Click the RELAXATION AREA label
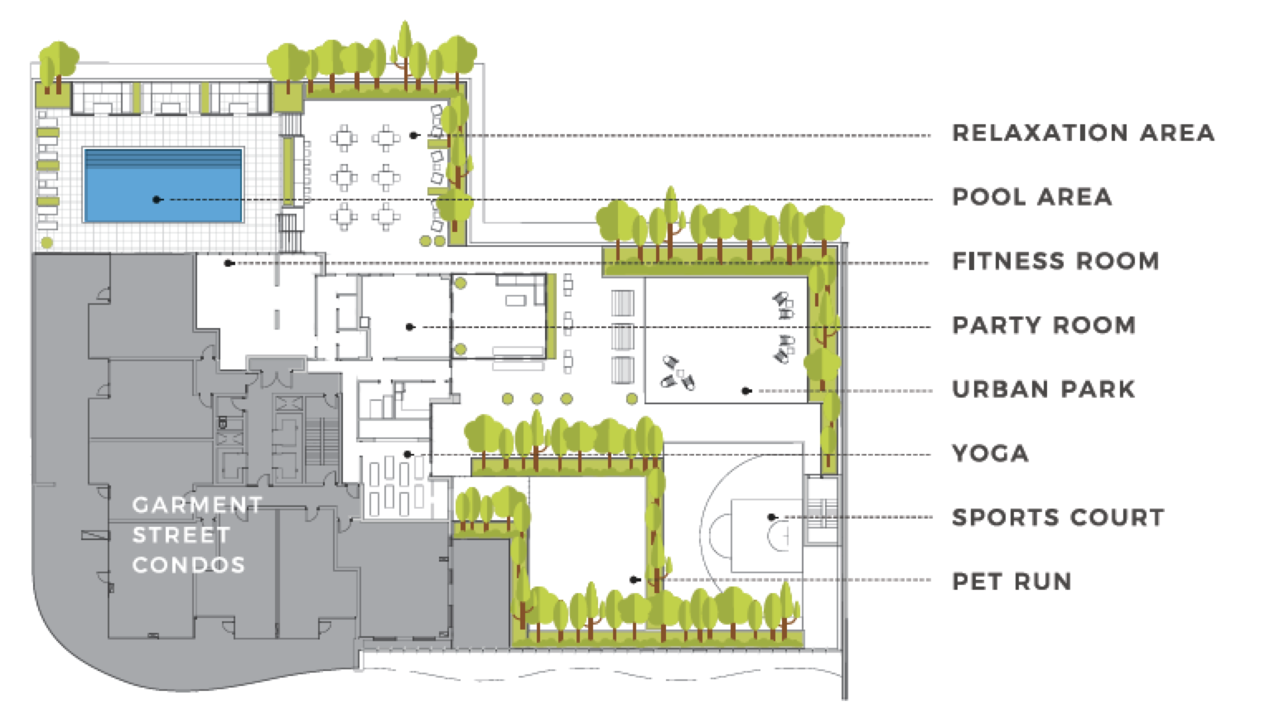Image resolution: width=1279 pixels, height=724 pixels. coord(1083,133)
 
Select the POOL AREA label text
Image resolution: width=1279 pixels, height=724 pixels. coord(1031,197)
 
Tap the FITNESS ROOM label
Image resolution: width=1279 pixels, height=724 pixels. coord(1055,261)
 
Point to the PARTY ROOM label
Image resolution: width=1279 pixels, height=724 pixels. coord(1043,325)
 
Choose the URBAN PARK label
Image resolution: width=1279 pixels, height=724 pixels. coord(1043,389)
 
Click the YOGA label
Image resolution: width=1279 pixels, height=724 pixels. coord(990,453)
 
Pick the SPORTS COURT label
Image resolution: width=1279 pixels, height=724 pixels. coord(1058,518)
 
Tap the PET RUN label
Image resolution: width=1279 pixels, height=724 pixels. coord(1011,582)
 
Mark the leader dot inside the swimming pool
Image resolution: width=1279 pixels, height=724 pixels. coord(156,200)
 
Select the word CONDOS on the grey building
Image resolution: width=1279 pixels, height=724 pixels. coord(189,565)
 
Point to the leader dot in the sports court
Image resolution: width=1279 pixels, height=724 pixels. coord(772,518)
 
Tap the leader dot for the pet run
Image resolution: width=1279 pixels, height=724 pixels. coord(634,580)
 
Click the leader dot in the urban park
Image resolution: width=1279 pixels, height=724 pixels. coord(746,390)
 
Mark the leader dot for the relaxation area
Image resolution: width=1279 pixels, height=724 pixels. coord(413,135)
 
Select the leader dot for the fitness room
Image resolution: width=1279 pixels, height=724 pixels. coord(229,263)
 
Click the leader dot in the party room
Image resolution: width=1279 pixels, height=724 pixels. coord(409,327)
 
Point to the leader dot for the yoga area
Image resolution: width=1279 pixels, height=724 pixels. coord(408,454)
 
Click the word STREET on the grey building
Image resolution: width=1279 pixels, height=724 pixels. coord(181,535)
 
